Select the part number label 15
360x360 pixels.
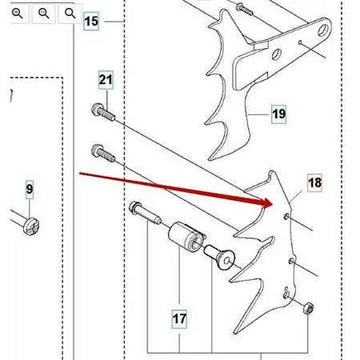coord(91,22)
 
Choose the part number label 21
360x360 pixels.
coord(106,79)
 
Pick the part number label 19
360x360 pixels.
coord(278,114)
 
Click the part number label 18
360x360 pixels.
coord(314,183)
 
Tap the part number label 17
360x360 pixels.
coord(179,319)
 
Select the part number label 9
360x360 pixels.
coord(30,190)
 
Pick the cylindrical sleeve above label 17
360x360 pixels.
coord(186,238)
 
